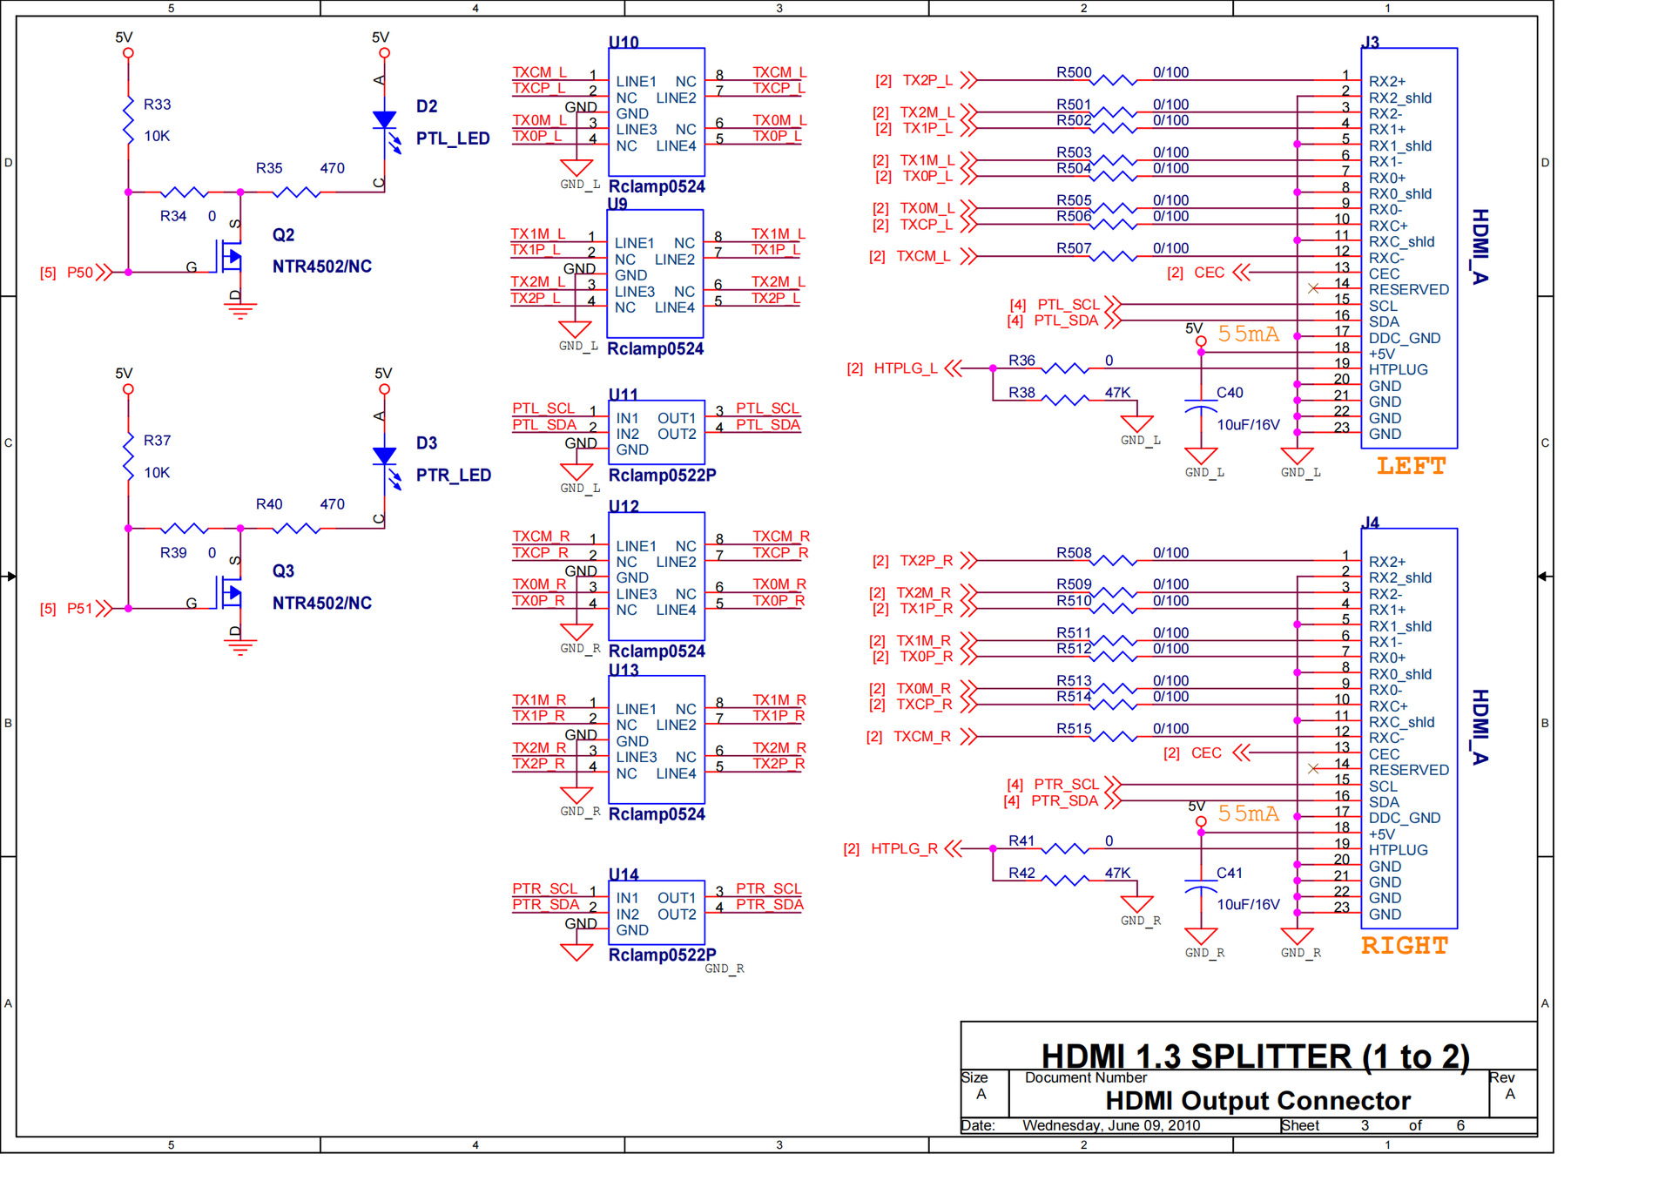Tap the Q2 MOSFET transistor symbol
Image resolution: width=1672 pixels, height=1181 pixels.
(229, 259)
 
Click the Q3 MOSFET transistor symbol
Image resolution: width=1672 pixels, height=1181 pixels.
(229, 595)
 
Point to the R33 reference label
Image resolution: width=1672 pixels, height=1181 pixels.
(158, 105)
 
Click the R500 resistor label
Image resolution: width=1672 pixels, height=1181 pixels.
(1074, 72)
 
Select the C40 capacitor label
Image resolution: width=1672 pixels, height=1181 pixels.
(1230, 393)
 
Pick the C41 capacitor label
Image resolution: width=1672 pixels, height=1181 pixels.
(1230, 873)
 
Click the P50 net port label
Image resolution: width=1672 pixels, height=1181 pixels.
(80, 273)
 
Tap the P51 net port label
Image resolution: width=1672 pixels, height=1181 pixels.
(80, 609)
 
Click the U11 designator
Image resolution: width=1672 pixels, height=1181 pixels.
(624, 395)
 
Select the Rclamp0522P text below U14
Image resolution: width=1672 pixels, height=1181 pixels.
(662, 955)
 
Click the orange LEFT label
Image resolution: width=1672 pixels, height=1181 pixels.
(1411, 466)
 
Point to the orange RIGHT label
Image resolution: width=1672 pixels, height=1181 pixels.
(1405, 946)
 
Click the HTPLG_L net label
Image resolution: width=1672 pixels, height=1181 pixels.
(906, 368)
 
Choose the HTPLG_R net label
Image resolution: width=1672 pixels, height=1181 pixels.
(904, 848)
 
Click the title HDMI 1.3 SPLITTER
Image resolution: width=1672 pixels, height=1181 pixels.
(1196, 1056)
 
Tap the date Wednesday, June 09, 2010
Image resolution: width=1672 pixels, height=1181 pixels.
(1111, 1125)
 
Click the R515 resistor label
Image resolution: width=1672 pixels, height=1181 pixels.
(1074, 729)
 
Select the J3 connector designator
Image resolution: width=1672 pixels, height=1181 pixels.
(1371, 42)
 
